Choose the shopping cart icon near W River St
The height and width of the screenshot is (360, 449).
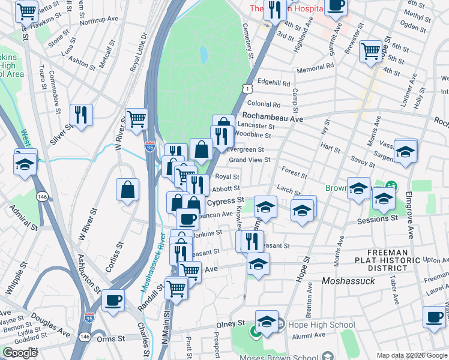pyautogui.click(x=136, y=119)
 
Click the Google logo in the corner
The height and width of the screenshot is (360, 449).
pyautogui.click(x=20, y=353)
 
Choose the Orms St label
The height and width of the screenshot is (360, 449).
pyautogui.click(x=112, y=338)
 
